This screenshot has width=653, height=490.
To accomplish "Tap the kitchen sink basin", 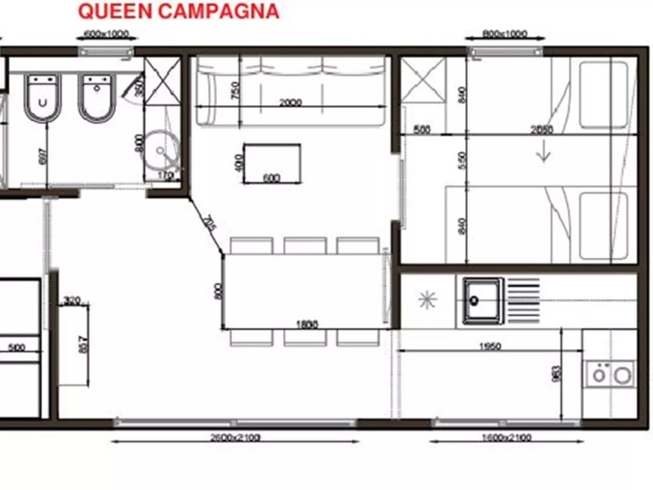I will [x=481, y=301].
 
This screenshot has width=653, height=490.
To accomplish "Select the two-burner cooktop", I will [x=610, y=375].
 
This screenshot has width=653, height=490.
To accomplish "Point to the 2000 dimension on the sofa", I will [x=290, y=102].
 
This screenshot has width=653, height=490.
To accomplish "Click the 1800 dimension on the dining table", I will [x=307, y=324].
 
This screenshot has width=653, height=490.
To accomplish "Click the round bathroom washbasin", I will [x=161, y=150].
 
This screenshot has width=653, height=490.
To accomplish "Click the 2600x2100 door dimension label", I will [x=235, y=438].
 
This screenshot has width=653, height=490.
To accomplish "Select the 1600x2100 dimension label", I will [x=507, y=438].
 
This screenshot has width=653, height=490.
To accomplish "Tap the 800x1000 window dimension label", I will [x=505, y=34].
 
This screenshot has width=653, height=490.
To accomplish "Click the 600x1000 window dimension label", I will [x=106, y=34].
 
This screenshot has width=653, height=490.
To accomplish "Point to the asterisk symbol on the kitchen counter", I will [x=427, y=300].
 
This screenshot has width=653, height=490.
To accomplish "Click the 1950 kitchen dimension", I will [x=490, y=346].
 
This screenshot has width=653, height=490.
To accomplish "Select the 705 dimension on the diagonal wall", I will [x=209, y=224].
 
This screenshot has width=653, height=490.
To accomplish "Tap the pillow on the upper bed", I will [x=603, y=95].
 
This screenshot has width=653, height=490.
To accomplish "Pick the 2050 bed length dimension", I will [x=542, y=130].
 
